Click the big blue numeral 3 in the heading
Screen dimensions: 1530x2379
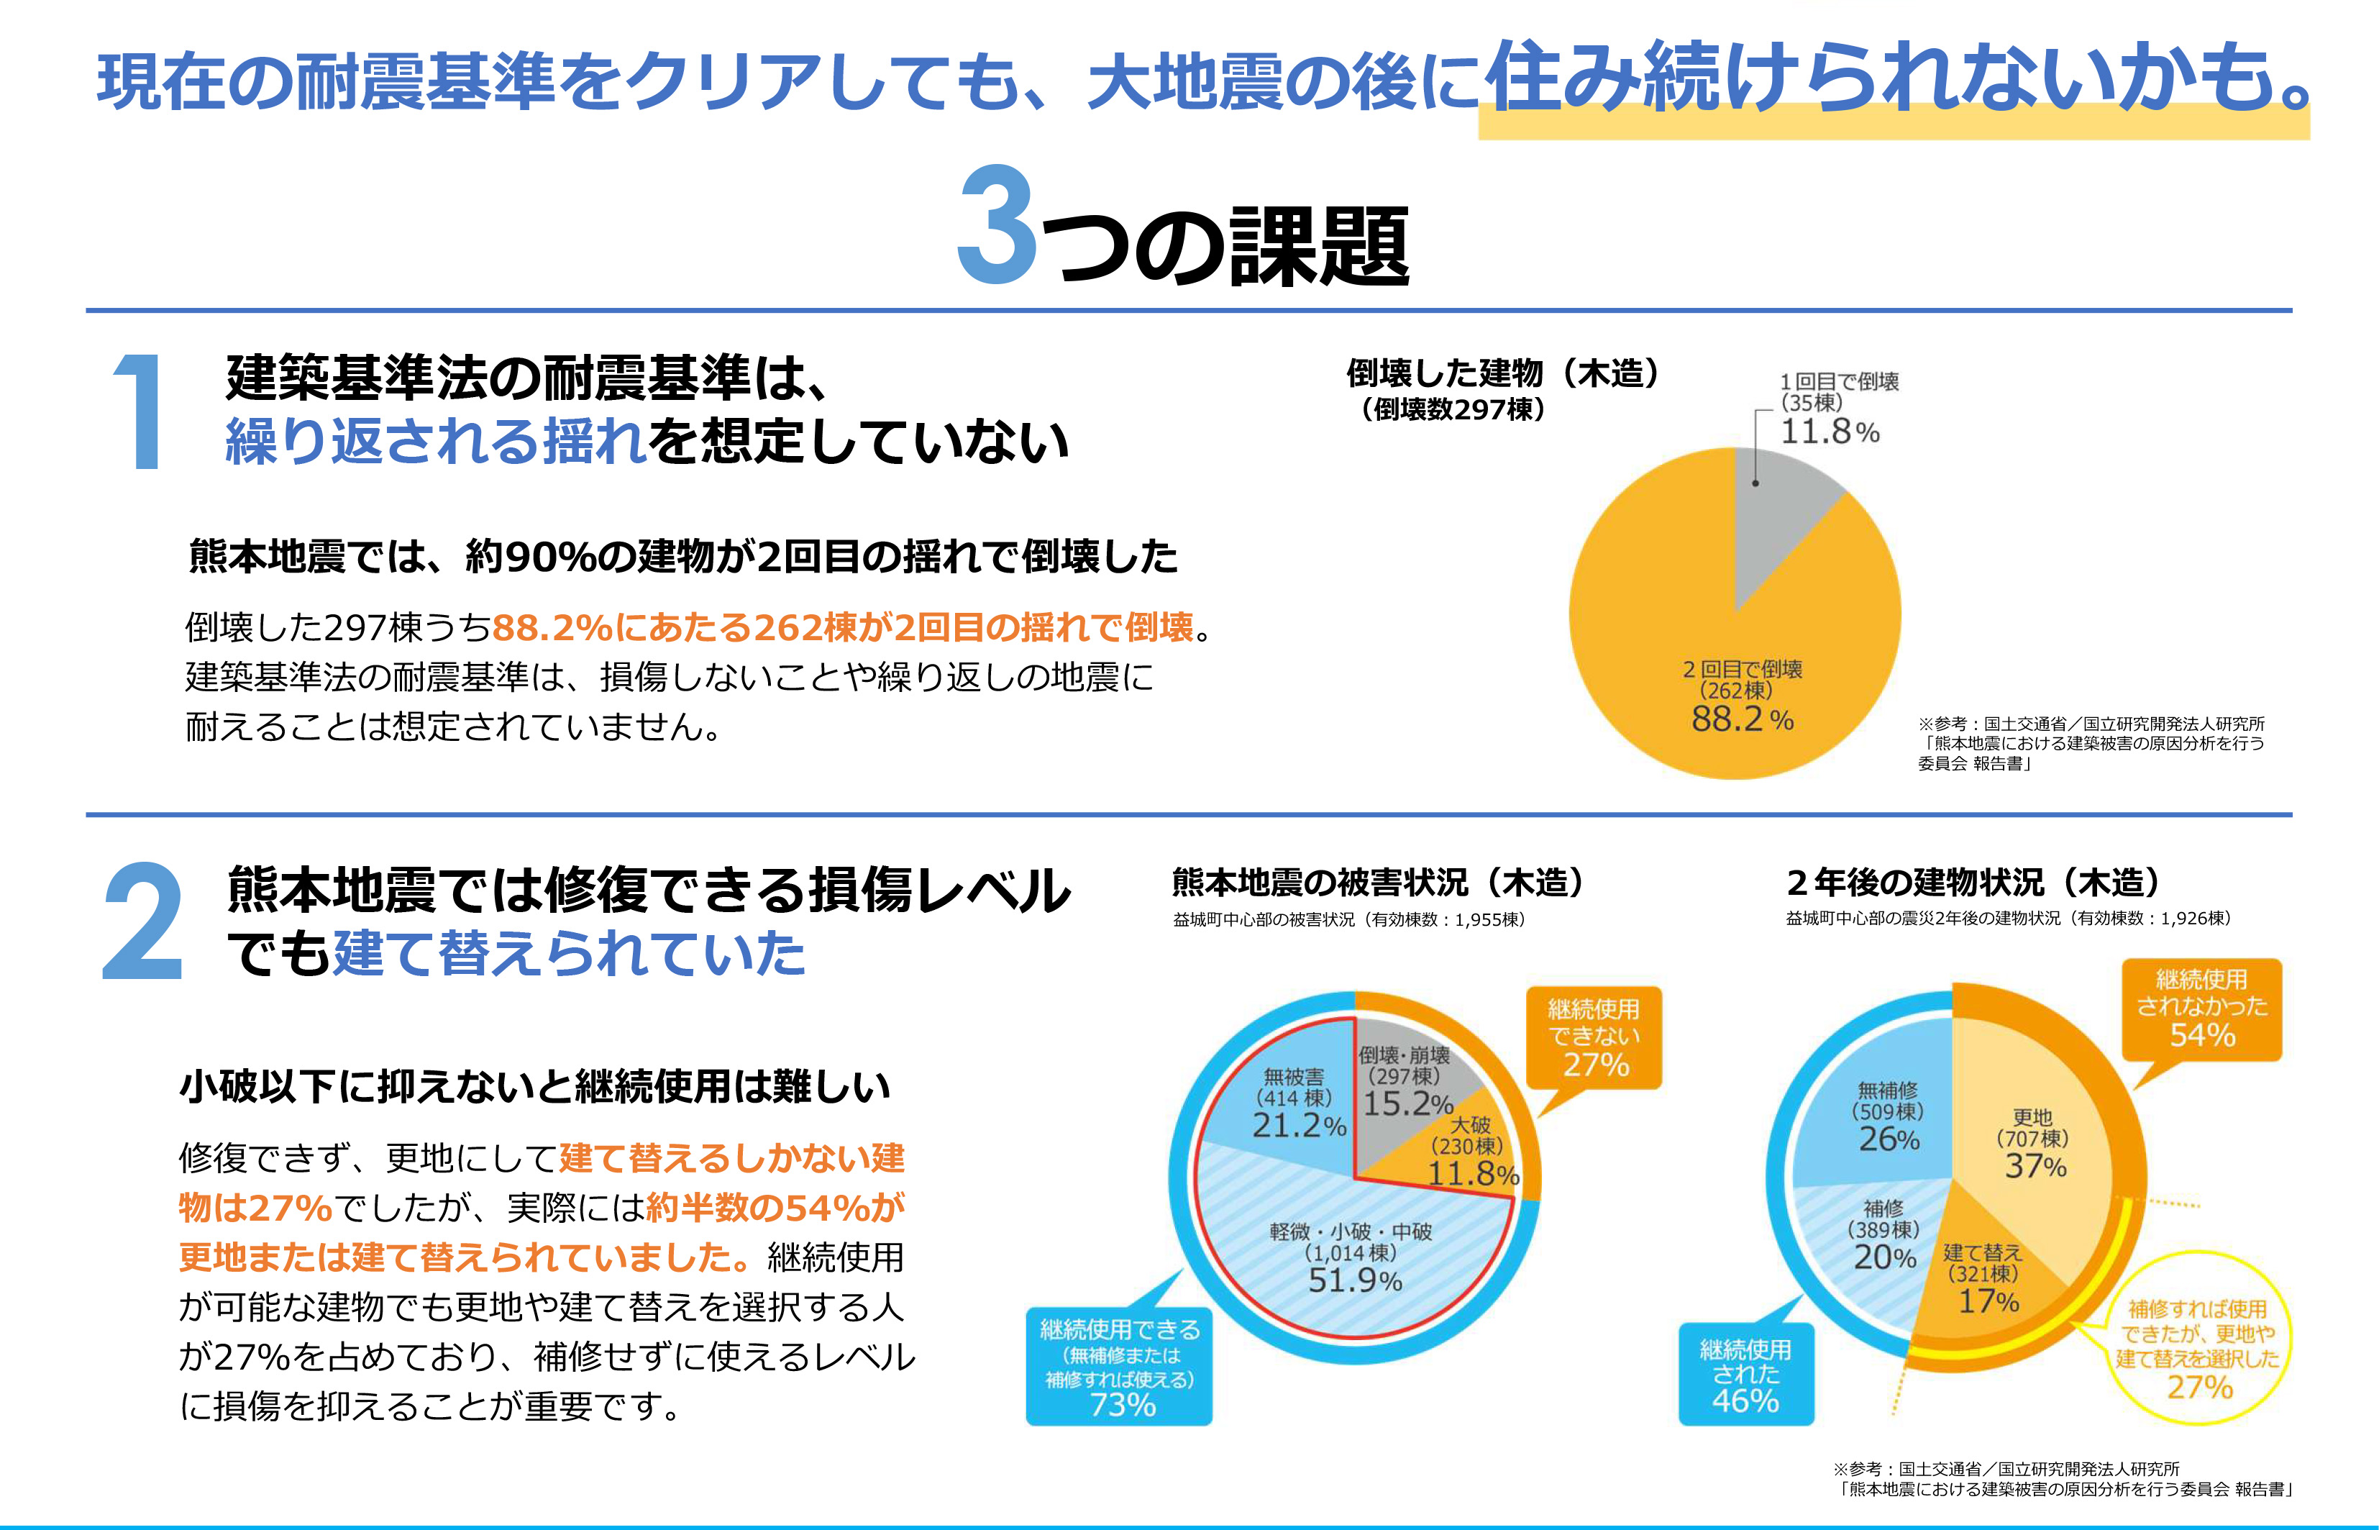[996, 227]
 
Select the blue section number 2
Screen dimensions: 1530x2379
[143, 923]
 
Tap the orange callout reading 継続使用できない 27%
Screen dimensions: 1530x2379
[1593, 1037]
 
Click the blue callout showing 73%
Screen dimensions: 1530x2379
[1120, 1367]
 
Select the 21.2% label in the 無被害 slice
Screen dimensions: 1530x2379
[1298, 1126]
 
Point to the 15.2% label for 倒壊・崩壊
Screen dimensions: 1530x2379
[1407, 1103]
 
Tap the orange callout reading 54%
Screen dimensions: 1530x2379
[2201, 1008]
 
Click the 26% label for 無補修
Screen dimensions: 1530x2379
[1889, 1139]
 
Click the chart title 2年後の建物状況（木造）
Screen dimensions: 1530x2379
[1973, 882]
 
